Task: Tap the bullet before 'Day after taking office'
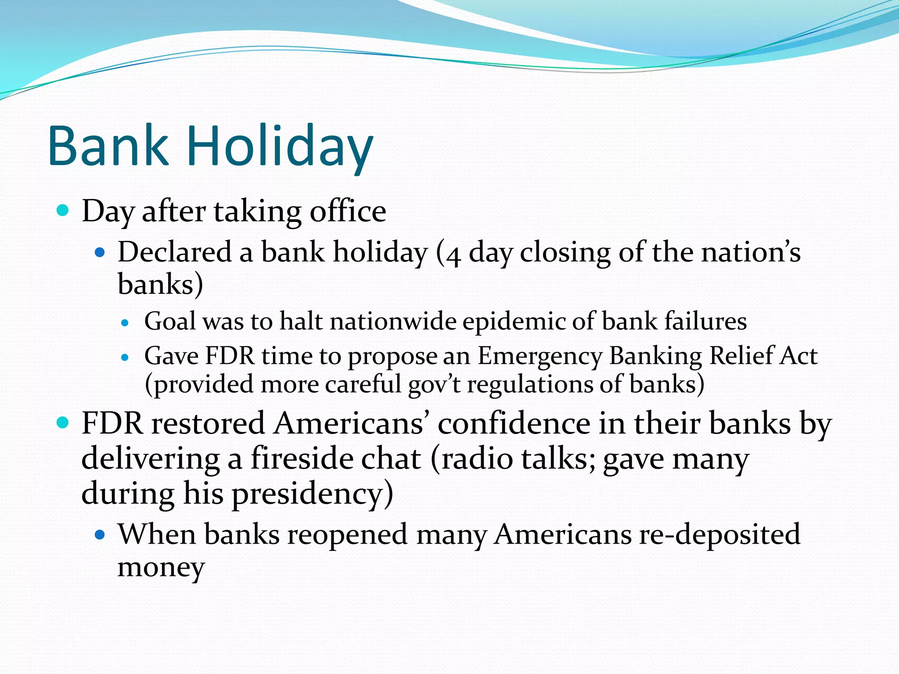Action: (x=63, y=211)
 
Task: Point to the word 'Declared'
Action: (x=174, y=252)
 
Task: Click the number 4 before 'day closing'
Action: (x=453, y=255)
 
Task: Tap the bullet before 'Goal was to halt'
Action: (x=125, y=323)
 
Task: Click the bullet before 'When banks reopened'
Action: (x=101, y=535)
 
